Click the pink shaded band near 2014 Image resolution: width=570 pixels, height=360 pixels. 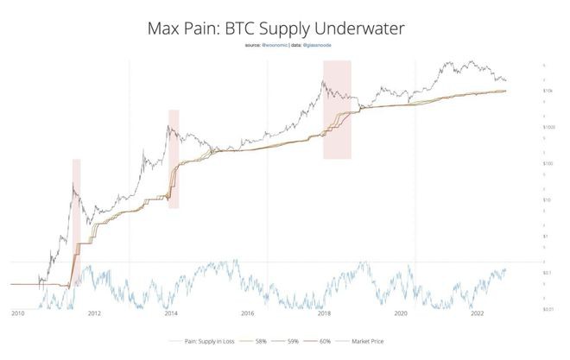point(174,159)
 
